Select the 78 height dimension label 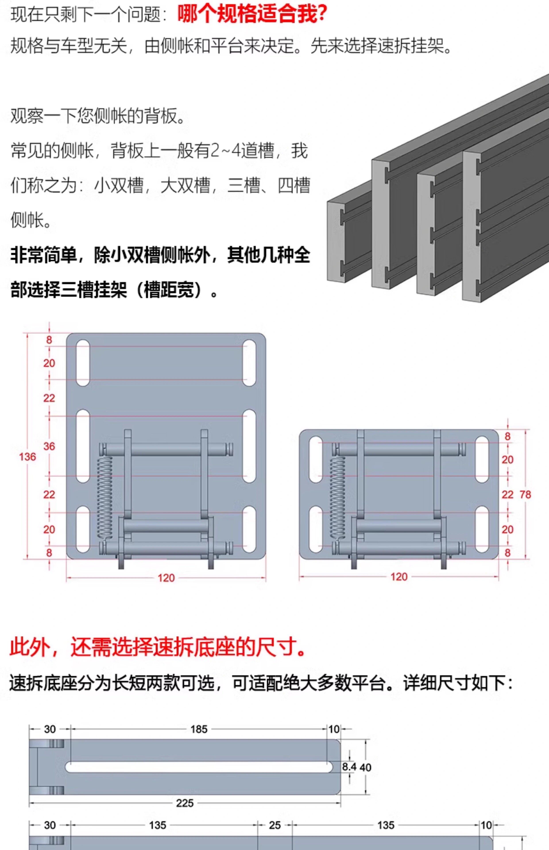(x=525, y=494)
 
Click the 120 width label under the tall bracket (x=166, y=578)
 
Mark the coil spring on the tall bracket (x=105, y=497)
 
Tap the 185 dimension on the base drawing (x=199, y=729)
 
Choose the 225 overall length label (x=185, y=803)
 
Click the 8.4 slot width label (x=349, y=766)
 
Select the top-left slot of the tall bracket (x=83, y=362)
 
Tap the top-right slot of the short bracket (x=482, y=459)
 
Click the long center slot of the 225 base (x=199, y=767)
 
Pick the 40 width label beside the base (x=365, y=767)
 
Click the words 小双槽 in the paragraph (x=119, y=185)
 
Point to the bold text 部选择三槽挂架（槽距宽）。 (x=114, y=290)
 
